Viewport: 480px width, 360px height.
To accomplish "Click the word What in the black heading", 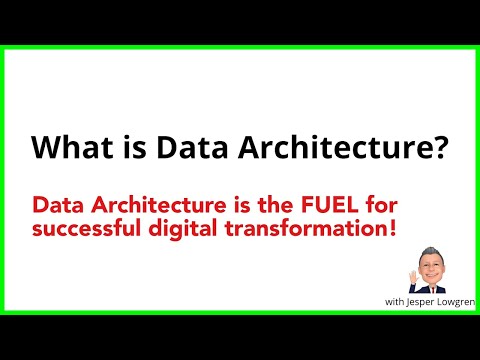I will click(x=66, y=147).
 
